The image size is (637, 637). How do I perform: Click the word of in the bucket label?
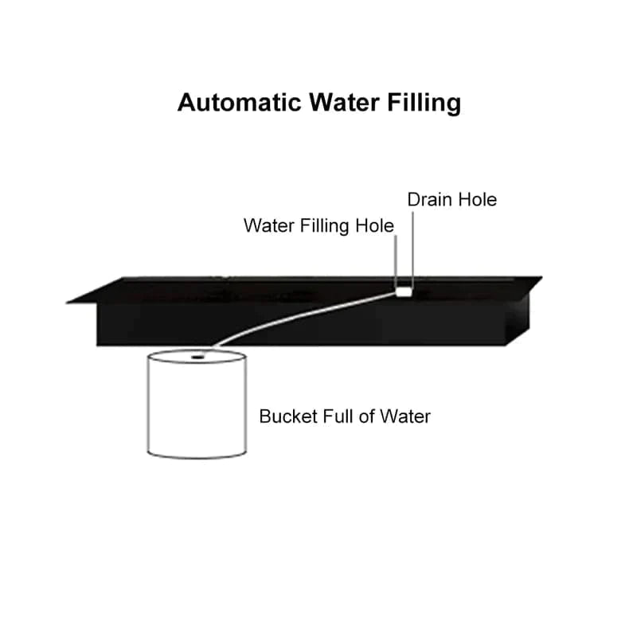(x=366, y=416)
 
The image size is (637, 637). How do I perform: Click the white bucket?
(x=196, y=406)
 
